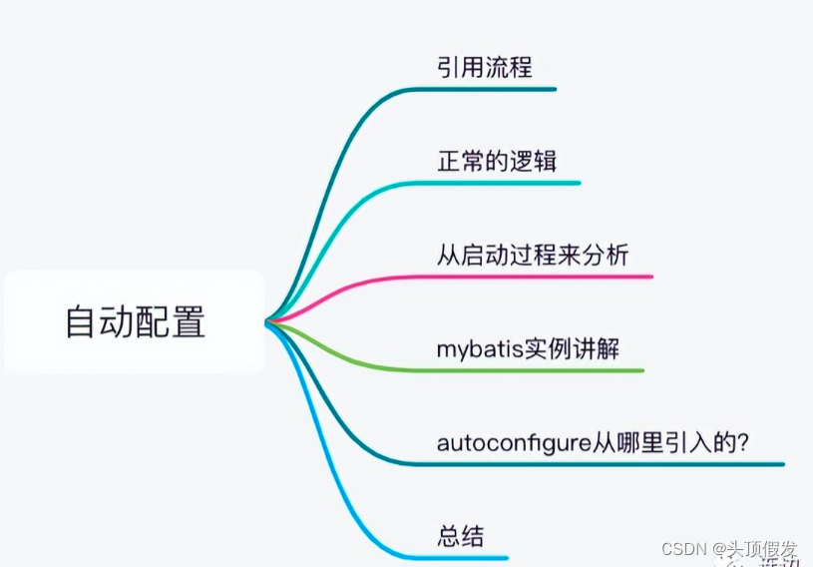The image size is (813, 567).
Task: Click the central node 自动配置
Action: (x=135, y=322)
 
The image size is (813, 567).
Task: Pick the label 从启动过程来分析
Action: (x=533, y=255)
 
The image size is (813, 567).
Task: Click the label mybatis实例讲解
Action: (x=534, y=348)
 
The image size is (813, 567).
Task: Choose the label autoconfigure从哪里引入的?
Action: (x=593, y=441)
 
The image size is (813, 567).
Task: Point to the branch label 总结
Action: (x=460, y=535)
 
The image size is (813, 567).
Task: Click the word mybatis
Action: (x=475, y=349)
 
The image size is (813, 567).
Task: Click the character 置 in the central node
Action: (x=188, y=322)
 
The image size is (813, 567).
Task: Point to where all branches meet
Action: (x=267, y=321)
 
